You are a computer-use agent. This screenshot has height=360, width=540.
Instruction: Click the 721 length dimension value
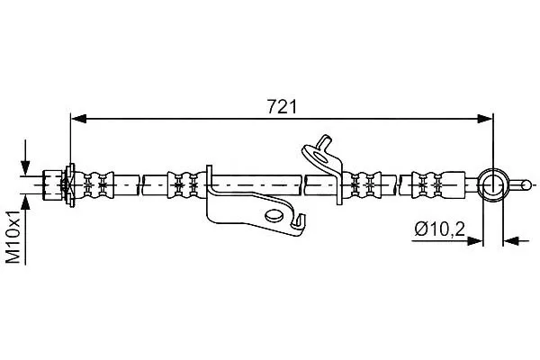[x=282, y=107]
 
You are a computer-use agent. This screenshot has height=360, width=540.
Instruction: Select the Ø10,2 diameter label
[x=440, y=229]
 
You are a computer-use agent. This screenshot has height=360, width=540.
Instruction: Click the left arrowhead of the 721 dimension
[x=78, y=119]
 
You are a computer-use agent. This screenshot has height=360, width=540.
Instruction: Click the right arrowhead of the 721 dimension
[x=485, y=119]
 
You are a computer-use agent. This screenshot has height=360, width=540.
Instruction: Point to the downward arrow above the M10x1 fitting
[x=25, y=157]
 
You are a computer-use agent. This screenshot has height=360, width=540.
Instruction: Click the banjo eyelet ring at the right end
[x=493, y=185]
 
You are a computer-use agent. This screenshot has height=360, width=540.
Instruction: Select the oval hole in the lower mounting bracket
[x=274, y=216]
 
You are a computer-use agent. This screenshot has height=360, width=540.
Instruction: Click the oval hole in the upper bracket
[x=321, y=157]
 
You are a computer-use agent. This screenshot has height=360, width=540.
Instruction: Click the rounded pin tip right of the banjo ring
[x=526, y=185]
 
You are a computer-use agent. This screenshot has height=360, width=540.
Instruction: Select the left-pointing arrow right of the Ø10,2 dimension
[x=516, y=241]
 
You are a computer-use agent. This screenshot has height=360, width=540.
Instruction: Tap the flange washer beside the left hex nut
[x=70, y=185]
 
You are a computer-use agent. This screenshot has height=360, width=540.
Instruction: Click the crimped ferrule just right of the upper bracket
[x=363, y=185]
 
